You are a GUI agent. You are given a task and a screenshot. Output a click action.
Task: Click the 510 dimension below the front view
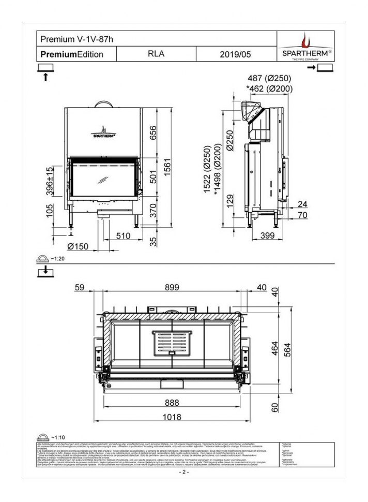click(122, 236)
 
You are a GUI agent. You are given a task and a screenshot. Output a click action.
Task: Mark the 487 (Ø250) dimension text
click(269, 78)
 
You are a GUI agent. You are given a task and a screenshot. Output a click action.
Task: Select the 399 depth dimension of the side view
click(267, 236)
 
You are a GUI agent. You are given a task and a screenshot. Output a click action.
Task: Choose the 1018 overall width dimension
click(172, 417)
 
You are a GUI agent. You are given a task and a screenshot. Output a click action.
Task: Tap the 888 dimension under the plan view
click(172, 402)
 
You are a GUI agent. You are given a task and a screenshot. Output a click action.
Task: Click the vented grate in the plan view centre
click(171, 343)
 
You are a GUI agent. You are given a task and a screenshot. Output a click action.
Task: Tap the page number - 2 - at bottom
click(184, 472)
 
